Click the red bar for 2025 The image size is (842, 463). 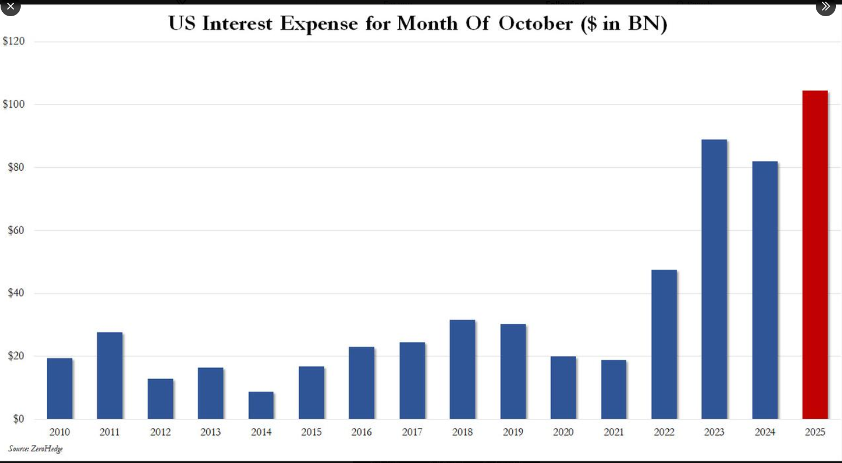(815, 255)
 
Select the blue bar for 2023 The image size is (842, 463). (714, 279)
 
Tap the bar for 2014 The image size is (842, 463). (261, 405)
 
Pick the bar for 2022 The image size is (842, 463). (664, 344)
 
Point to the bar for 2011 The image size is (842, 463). (110, 375)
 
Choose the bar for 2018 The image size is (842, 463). (462, 369)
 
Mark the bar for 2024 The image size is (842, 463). (764, 290)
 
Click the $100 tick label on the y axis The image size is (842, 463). (14, 104)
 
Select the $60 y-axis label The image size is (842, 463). (16, 230)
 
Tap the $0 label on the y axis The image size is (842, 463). (18, 419)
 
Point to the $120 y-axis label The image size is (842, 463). (14, 41)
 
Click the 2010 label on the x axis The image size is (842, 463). (59, 432)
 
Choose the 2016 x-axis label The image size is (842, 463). (361, 432)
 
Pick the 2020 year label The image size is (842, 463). (563, 432)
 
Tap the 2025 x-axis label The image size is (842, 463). (815, 432)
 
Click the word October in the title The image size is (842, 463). (535, 23)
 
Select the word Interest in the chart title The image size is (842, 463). (237, 23)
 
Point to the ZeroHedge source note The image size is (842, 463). (35, 448)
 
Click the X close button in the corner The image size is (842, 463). (10, 6)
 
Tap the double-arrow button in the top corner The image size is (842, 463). (825, 6)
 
